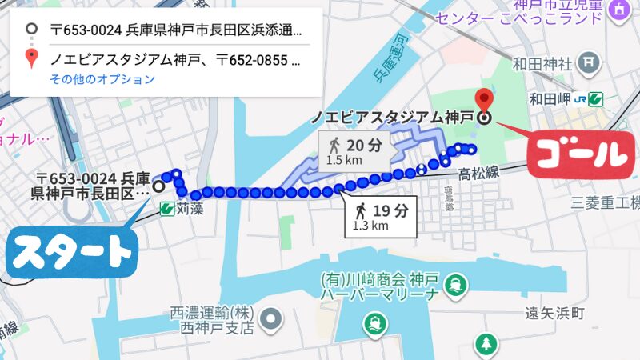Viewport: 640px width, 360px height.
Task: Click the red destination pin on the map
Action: [484, 100]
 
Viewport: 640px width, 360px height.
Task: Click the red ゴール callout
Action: [574, 152]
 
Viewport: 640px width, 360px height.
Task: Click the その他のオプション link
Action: [102, 79]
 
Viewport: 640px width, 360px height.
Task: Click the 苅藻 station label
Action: [190, 210]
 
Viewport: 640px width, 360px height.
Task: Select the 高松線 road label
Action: [478, 173]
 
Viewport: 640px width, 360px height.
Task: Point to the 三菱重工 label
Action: [605, 202]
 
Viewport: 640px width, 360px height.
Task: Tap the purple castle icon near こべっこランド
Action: [618, 10]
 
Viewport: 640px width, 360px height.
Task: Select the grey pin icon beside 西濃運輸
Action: [273, 319]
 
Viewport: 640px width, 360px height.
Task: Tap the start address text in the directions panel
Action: [176, 31]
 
